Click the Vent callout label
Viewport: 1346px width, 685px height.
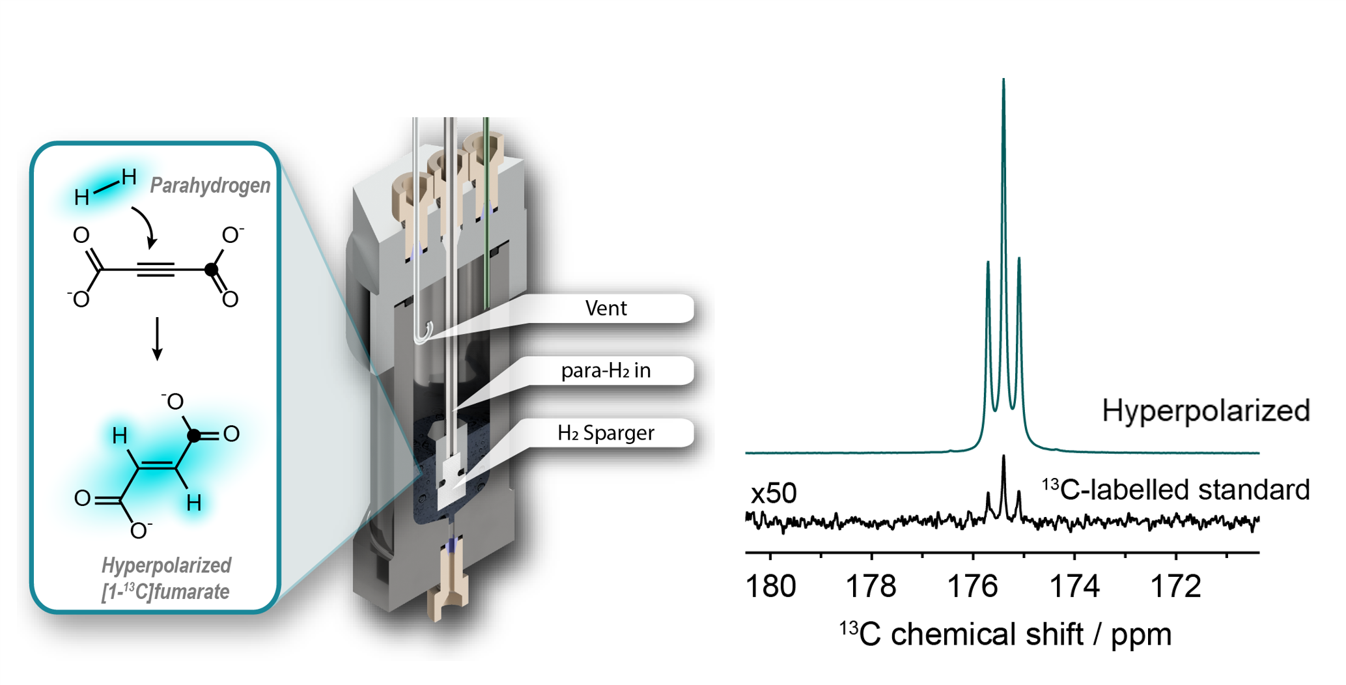tap(606, 308)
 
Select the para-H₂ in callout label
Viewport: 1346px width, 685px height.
tap(606, 370)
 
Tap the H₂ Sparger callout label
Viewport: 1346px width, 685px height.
tap(606, 433)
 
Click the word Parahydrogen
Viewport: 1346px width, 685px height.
tap(210, 186)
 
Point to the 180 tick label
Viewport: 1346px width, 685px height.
tap(770, 587)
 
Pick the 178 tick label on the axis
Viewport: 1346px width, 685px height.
tap(871, 587)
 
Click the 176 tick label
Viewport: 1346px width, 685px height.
tap(972, 587)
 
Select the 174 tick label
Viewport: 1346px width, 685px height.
tap(1074, 587)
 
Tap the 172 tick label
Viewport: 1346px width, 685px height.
tap(1175, 587)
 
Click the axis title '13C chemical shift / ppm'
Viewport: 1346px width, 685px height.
tap(1005, 634)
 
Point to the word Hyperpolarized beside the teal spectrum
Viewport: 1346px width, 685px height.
tap(1205, 411)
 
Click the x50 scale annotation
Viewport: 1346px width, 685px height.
tap(774, 494)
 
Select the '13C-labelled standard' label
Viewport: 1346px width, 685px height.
tap(1175, 490)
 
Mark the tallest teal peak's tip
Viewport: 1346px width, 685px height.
tap(1003, 80)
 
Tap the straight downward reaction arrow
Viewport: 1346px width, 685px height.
tap(157, 339)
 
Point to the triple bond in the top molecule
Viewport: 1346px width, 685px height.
tap(156, 269)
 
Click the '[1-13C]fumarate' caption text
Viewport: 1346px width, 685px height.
tap(165, 591)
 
